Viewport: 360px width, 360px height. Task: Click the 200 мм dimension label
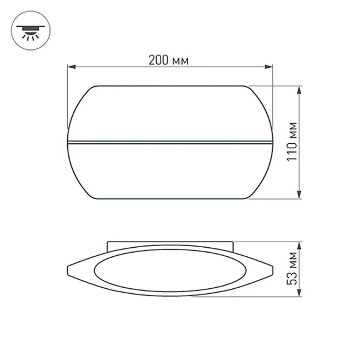(x=168, y=60)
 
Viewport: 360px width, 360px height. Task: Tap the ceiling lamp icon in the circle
(x=31, y=31)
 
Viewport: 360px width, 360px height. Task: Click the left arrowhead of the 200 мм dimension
(x=71, y=67)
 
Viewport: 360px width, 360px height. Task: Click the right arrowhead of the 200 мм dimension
(x=269, y=67)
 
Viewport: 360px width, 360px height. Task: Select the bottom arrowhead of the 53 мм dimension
(x=299, y=293)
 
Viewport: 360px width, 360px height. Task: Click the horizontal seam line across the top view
(x=169, y=141)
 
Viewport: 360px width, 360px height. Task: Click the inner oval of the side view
(x=170, y=270)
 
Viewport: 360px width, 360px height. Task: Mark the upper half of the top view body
(x=169, y=113)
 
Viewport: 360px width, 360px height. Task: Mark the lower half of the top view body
(x=169, y=171)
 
